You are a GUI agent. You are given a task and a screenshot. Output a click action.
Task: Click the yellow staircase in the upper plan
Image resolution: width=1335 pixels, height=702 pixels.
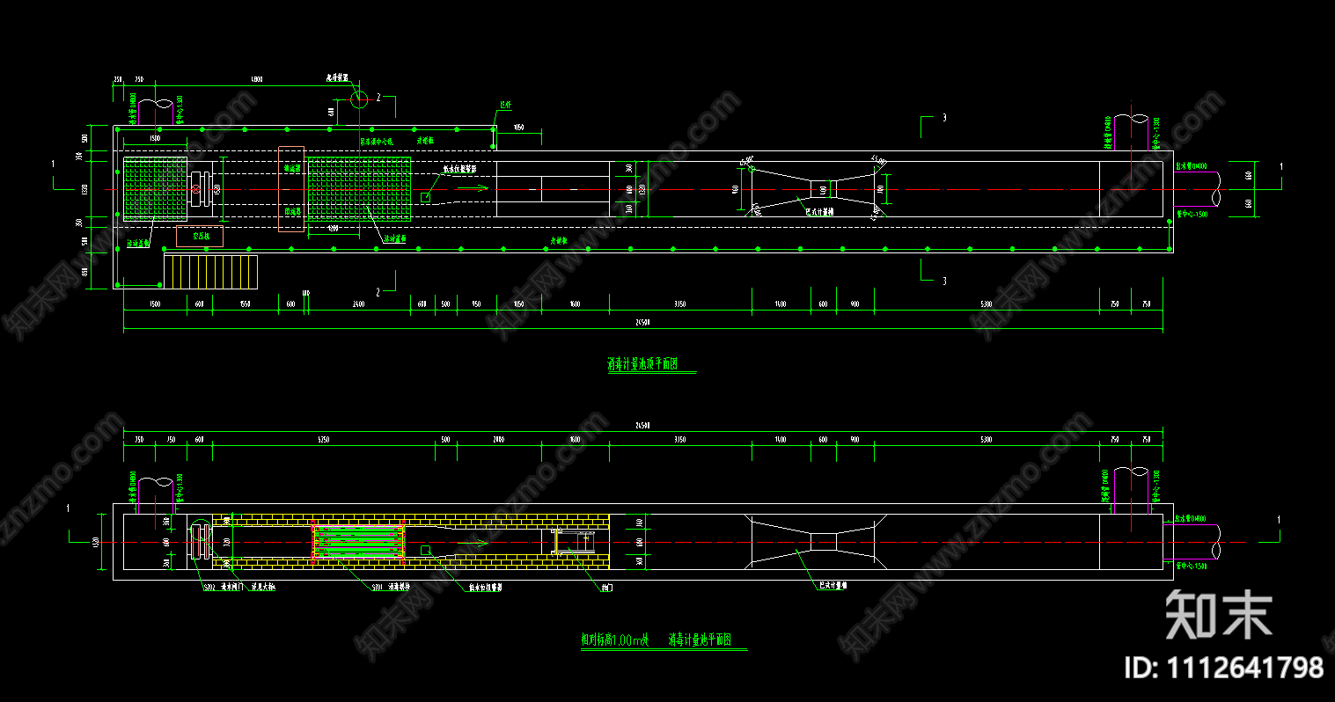pos(211,272)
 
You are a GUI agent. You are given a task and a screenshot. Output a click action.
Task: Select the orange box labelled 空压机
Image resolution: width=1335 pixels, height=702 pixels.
pos(200,237)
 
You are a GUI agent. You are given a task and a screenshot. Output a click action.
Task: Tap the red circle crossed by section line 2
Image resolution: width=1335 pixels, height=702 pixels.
pos(359,99)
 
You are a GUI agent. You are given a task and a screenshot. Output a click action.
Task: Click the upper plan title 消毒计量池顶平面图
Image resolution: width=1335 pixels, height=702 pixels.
pos(643,364)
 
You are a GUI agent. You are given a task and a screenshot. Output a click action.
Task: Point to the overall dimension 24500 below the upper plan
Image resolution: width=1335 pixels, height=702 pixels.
pos(642,323)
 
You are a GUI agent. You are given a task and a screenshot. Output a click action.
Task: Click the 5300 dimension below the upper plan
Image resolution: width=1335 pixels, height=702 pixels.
pos(986,303)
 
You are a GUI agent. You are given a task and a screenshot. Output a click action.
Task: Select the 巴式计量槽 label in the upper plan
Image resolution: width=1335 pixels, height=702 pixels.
pos(820,211)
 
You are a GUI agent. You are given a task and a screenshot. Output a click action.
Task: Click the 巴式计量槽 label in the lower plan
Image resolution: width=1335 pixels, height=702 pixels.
pos(833,584)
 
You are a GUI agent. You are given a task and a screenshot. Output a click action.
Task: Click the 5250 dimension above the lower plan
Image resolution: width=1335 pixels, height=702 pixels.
pos(324,439)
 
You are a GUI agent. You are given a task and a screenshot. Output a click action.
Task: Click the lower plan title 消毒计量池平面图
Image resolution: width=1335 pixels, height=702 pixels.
pos(700,640)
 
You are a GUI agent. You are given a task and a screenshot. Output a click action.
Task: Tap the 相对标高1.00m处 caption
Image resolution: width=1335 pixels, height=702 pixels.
pos(614,640)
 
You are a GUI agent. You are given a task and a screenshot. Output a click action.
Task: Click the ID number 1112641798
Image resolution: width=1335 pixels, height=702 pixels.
pos(1224,667)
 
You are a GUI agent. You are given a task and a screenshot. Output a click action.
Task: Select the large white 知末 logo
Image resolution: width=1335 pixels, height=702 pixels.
pos(1219,614)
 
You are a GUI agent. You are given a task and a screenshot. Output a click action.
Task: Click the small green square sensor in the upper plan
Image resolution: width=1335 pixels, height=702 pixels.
pos(426,198)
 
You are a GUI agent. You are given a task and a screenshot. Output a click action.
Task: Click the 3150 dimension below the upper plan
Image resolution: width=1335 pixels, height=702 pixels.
pos(680,303)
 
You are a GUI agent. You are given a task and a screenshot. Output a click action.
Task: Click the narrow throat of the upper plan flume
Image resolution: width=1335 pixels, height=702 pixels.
pos(824,189)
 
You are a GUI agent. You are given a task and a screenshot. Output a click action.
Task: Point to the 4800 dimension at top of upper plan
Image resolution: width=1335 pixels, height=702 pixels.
pos(256,79)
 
